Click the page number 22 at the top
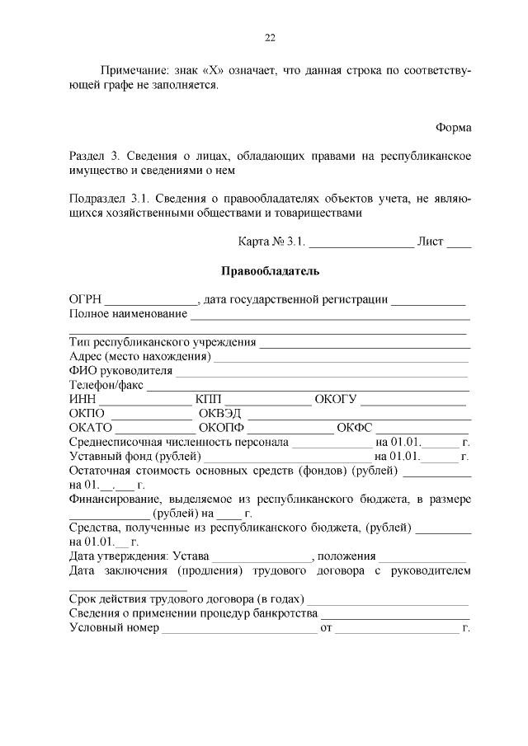270,37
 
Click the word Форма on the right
453,128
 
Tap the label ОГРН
85,299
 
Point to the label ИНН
82,400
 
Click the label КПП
209,400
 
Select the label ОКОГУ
335,400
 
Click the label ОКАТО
91,428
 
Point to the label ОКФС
356,428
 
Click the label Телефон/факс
106,385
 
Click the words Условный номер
115,628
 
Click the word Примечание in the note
131,72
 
